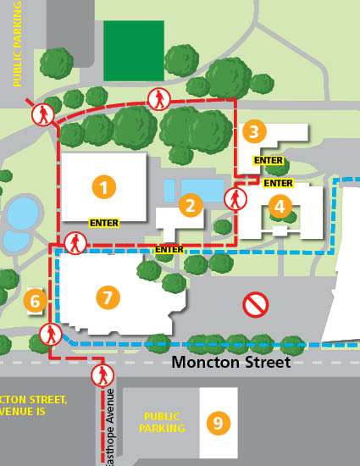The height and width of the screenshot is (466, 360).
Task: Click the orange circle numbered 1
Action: (x=103, y=186)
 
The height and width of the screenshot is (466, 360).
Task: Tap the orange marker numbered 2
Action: (x=191, y=205)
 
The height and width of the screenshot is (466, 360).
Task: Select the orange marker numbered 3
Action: (x=253, y=131)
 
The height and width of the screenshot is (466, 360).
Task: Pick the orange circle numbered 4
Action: (x=280, y=205)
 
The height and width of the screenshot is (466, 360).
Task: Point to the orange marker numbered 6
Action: (x=35, y=300)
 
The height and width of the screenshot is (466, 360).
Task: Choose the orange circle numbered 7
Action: (x=107, y=297)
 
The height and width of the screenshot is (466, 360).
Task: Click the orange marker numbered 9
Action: (x=218, y=422)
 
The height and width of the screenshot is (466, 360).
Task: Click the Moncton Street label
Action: (x=231, y=362)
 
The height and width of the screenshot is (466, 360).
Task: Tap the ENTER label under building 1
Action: (x=103, y=222)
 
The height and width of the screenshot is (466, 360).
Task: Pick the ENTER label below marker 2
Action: (x=169, y=249)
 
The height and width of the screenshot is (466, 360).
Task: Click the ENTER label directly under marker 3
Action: (x=268, y=160)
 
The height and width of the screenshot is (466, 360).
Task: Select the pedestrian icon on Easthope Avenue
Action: (x=102, y=374)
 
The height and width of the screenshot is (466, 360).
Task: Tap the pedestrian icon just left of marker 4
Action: (x=235, y=200)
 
